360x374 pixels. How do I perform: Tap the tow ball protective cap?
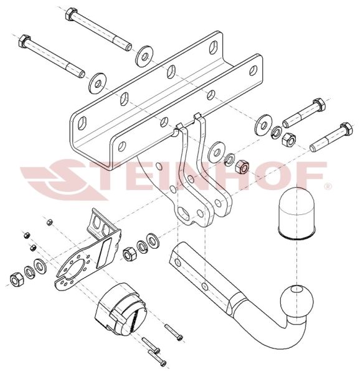point(296,214)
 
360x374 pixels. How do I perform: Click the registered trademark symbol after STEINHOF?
point(328,186)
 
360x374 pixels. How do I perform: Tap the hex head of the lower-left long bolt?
point(24,41)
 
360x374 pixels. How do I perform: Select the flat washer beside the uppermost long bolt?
point(144,57)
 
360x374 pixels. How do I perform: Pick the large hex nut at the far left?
point(17,279)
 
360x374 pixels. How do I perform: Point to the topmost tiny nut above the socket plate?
point(50,223)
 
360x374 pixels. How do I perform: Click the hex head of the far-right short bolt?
point(346,129)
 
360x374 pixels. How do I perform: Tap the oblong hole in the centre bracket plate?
point(184,212)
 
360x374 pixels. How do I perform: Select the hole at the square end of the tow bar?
point(178,262)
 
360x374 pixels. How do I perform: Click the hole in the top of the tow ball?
point(297,289)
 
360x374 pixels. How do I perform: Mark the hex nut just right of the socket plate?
point(129,254)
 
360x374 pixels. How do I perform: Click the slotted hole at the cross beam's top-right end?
point(214,47)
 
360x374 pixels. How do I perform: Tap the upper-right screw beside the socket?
point(174,332)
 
